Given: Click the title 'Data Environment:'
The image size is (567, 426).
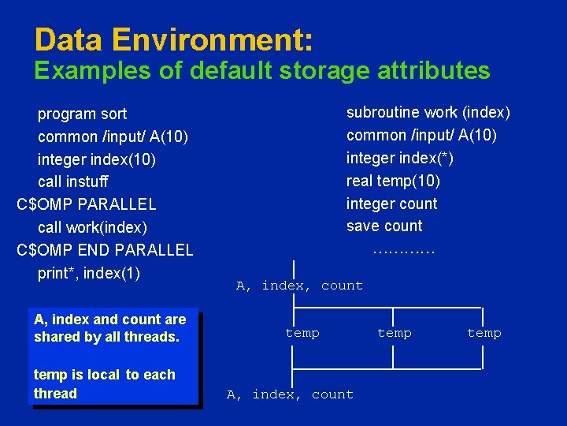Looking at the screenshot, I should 174,40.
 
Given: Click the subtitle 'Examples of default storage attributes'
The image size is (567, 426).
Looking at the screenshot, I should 262,71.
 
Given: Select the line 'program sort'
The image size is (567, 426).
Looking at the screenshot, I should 82,114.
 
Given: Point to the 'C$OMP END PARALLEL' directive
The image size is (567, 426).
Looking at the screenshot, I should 105,250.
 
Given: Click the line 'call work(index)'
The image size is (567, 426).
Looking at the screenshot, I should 92,227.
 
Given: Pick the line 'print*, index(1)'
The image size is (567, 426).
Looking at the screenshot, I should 89,274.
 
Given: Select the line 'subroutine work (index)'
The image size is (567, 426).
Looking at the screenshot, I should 428,113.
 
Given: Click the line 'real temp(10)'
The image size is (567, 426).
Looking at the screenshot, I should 393,181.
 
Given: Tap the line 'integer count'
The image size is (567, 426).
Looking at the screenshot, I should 391,204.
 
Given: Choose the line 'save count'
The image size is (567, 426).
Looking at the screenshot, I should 384,226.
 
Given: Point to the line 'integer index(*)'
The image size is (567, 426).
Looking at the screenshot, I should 400,158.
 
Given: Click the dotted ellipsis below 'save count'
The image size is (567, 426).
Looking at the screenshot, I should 402,251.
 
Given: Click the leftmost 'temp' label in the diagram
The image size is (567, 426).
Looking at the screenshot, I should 302,333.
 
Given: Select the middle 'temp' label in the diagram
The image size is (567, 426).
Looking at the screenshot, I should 395,333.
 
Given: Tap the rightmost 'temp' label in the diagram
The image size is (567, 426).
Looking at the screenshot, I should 484,333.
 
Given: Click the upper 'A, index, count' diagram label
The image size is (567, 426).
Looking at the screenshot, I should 299,286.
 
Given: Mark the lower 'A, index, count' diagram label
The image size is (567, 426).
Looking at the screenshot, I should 290,394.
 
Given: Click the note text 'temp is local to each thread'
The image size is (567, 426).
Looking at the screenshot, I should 104,384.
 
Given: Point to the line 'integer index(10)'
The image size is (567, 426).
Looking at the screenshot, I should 97,159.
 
